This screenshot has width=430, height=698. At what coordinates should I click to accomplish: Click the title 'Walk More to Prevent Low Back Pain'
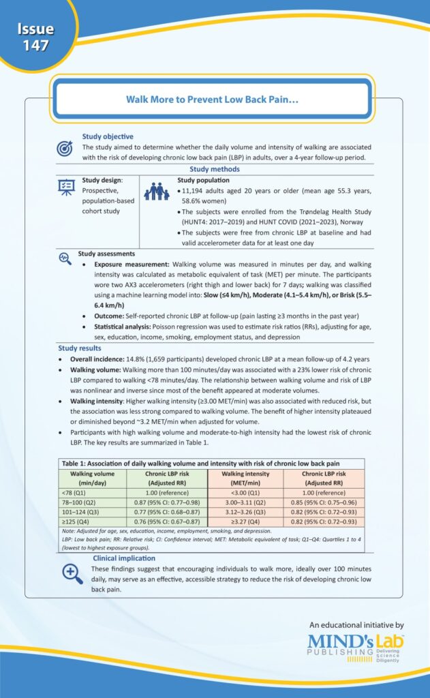[x=214, y=99]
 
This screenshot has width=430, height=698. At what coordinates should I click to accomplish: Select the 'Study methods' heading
[x=214, y=169]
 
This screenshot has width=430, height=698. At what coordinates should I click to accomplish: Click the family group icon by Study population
[x=158, y=192]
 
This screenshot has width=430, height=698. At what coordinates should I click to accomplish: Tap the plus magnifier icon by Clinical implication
[x=72, y=572]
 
